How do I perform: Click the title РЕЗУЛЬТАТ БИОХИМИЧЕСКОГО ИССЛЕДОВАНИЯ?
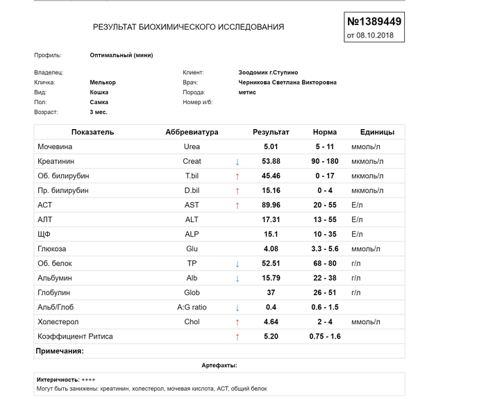pos(188,27)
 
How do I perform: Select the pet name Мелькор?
pos(103,82)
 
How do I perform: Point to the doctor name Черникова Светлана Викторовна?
pos(287,82)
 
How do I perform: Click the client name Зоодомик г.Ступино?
pos(267,71)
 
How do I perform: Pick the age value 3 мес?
pos(99,112)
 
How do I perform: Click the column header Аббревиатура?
pos(192,132)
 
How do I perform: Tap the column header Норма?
pos(325,132)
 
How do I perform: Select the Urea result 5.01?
pos(271,146)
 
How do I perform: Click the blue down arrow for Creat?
pos(237,162)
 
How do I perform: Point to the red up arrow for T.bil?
pos(237,176)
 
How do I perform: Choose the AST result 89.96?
pos(271,205)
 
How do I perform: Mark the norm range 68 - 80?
pos(325,263)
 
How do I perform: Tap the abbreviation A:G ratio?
pos(192,307)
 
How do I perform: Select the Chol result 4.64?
pos(271,321)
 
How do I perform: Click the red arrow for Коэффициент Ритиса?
pos(237,337)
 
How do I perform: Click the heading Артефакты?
pos(219,364)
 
